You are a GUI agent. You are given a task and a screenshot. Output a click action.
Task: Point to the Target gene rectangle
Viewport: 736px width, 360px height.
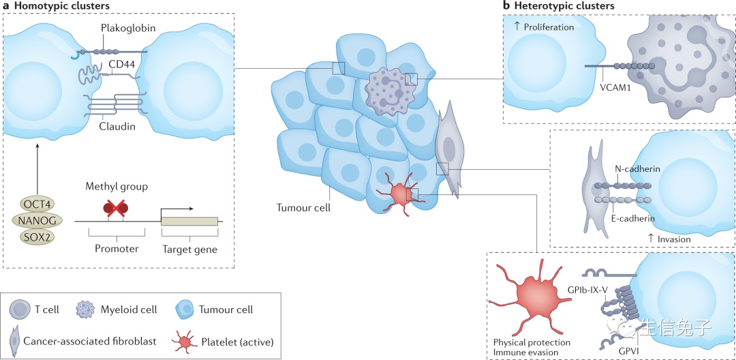189,220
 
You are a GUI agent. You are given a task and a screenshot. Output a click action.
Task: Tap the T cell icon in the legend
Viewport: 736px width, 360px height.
20,310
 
